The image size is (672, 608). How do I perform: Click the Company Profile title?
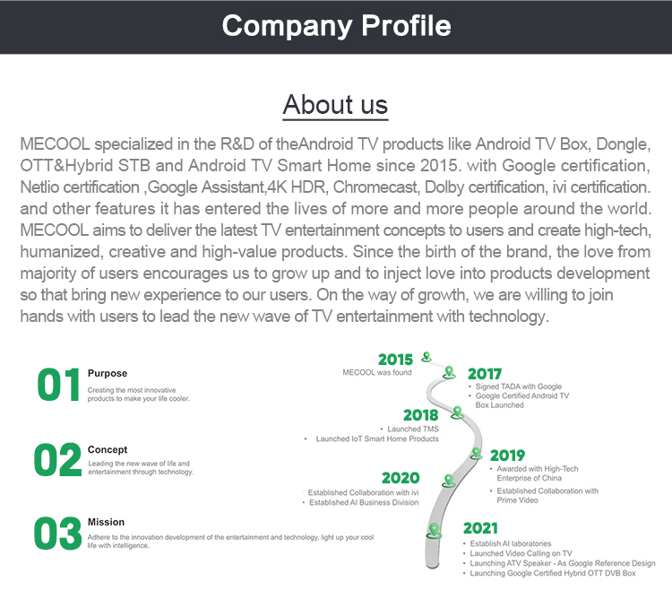(336, 27)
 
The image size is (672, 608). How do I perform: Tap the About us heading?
(335, 105)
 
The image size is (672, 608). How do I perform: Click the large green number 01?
(59, 385)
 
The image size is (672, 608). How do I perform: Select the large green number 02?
(58, 459)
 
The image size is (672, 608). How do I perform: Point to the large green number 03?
(58, 534)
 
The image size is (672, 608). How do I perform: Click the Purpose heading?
(108, 373)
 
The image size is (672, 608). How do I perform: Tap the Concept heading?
(108, 449)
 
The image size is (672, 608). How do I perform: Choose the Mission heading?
(106, 522)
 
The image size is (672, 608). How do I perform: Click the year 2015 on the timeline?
(395, 360)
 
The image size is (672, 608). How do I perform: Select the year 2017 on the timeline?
(484, 374)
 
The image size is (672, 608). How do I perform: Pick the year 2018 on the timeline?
(421, 415)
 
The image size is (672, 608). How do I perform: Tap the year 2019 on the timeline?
(507, 456)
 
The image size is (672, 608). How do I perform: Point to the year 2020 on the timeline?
(401, 478)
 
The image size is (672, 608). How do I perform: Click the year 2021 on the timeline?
(480, 528)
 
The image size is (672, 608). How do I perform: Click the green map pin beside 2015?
(426, 357)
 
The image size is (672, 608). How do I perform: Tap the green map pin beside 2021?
(435, 531)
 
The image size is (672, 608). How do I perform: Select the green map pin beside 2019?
(476, 454)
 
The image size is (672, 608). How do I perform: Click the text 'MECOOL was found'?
(376, 372)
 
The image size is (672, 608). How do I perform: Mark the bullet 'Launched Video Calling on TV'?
(521, 553)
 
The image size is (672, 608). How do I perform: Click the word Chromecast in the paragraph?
(375, 187)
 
